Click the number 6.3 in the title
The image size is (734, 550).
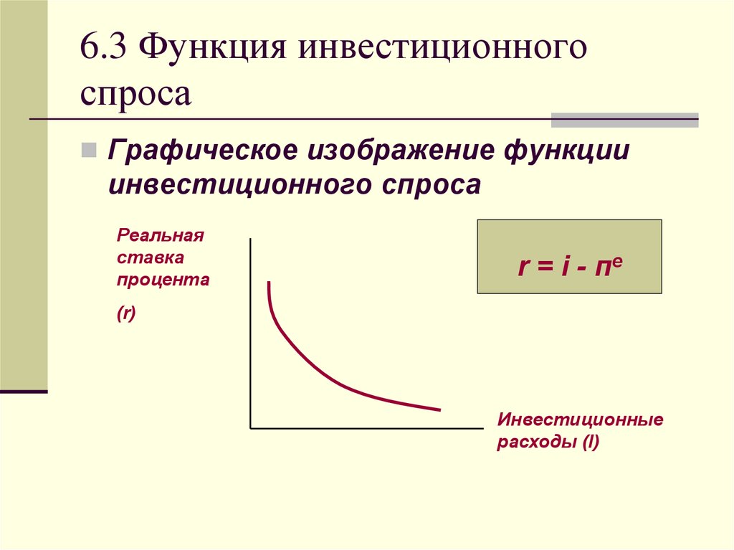(103, 47)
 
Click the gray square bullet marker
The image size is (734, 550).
(89, 151)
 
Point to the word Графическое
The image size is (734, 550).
(202, 151)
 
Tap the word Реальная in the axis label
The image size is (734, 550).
(160, 234)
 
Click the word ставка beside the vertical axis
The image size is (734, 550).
(151, 257)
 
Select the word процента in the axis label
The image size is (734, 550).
(163, 280)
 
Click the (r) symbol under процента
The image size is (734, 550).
(126, 313)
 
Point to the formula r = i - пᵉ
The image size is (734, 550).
(570, 267)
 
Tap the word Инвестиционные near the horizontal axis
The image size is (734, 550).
(580, 419)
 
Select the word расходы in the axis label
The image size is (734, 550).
(536, 442)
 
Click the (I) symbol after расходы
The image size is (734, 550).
(591, 442)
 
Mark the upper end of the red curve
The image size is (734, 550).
(269, 282)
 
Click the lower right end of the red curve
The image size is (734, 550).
(440, 410)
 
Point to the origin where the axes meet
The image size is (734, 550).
(251, 427)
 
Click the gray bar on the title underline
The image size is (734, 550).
(624, 120)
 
